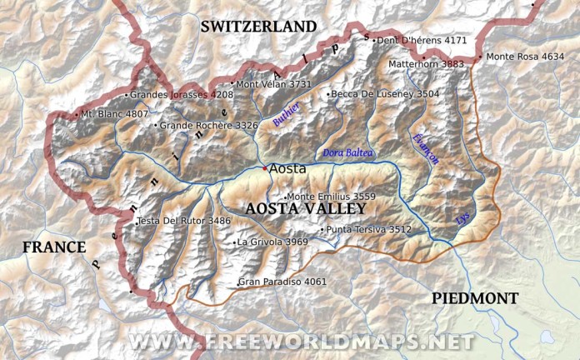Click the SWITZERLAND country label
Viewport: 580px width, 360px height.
point(258,27)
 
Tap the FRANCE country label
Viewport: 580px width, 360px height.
point(54,247)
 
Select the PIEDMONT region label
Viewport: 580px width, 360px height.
point(475,298)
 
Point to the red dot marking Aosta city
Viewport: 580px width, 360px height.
point(265,168)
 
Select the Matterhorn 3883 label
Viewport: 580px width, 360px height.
point(426,63)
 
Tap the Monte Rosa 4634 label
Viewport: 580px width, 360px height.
point(524,57)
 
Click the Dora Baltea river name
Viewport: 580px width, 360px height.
point(349,153)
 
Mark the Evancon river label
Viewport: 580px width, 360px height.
point(424,151)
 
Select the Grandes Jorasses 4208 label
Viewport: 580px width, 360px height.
point(182,95)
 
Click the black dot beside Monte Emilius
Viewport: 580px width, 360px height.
point(285,197)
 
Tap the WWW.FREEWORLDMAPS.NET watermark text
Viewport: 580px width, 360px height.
point(300,342)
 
